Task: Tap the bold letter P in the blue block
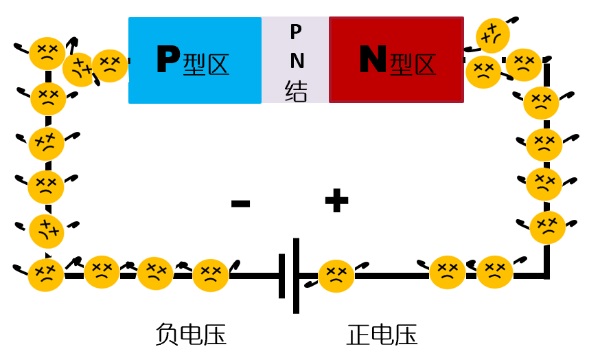[168, 60]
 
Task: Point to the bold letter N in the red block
[373, 60]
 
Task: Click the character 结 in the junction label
[296, 91]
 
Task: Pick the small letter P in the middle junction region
[296, 32]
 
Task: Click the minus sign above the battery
[240, 203]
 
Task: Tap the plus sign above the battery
[336, 201]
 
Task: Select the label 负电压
[190, 335]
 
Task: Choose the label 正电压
[382, 335]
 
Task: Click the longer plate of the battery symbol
[296, 275]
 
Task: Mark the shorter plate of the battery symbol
[282, 275]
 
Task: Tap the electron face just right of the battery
[336, 275]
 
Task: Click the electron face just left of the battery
[210, 275]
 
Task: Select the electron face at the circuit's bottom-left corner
[46, 275]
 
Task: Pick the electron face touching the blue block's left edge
[110, 65]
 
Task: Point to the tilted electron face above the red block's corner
[493, 35]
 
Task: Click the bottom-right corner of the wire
[546, 275]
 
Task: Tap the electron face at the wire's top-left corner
[47, 53]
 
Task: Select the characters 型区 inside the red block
[413, 65]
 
